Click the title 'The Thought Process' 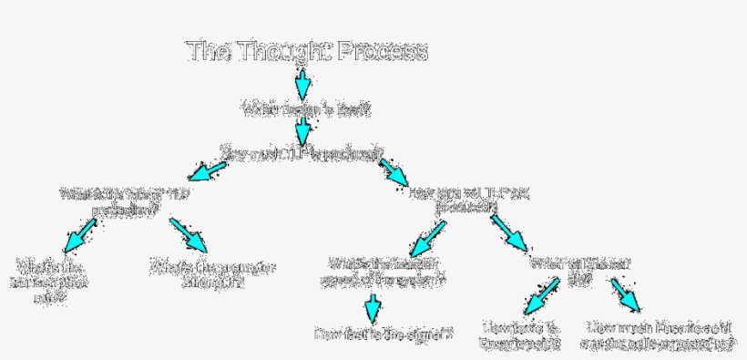pos(307,51)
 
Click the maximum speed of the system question pos(382,271)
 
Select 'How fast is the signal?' pos(384,334)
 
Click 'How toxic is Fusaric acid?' pos(521,334)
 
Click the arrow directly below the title pos(303,83)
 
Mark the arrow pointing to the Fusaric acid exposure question pos(628,297)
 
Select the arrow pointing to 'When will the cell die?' pos(509,232)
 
